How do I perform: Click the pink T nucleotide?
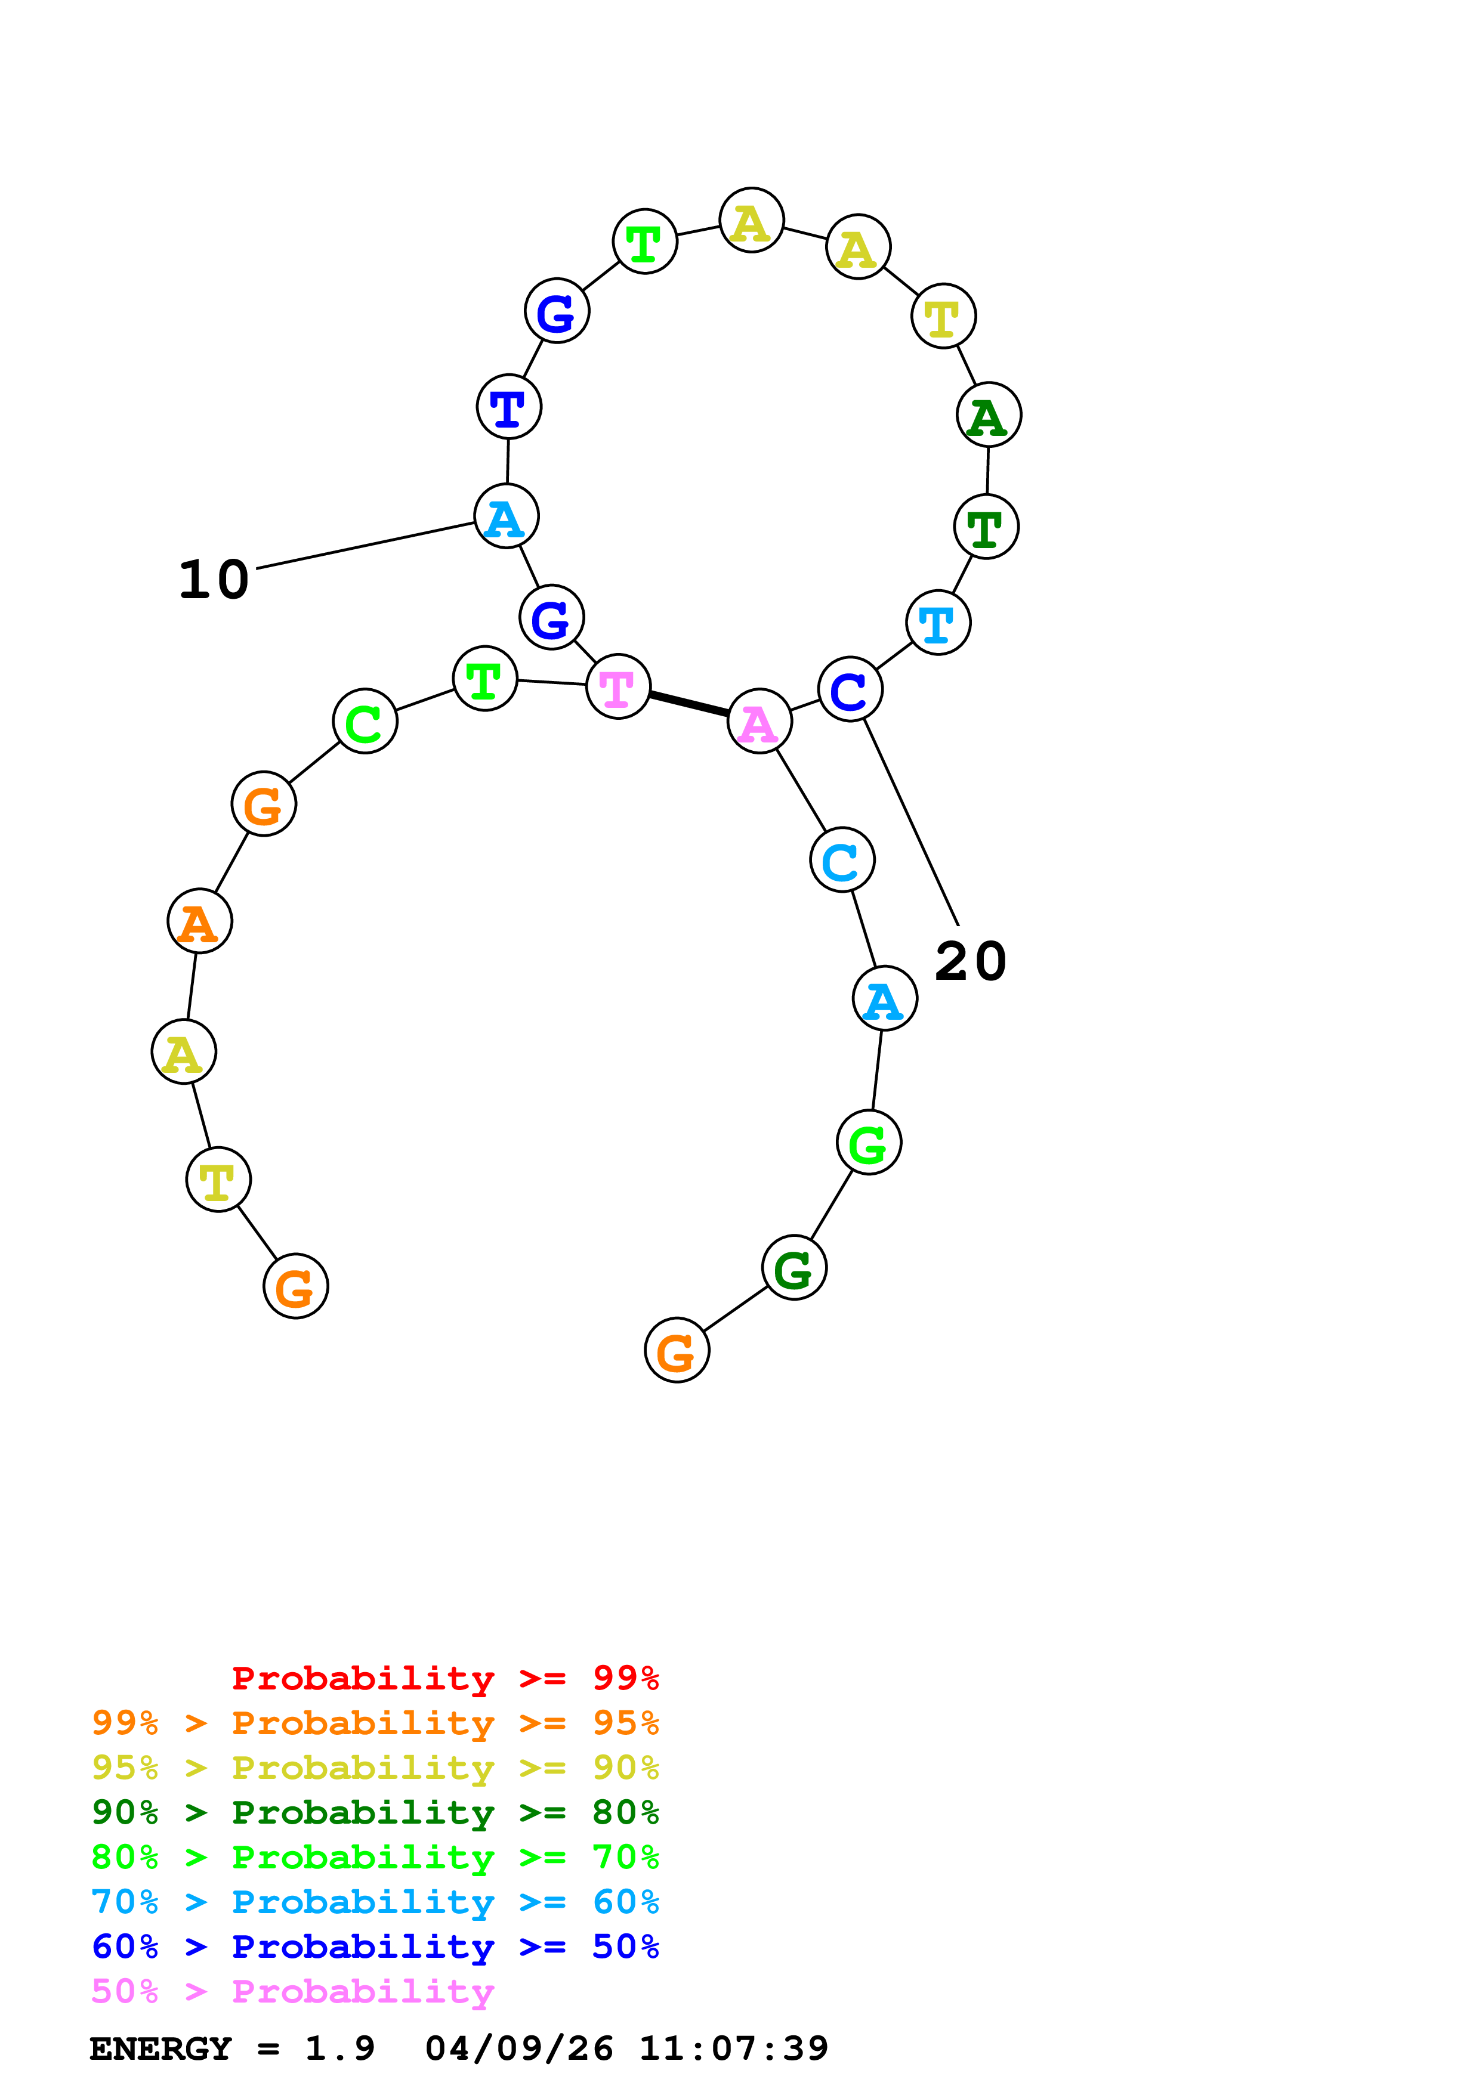618,686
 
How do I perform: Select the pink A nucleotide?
759,721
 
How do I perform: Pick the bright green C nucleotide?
365,721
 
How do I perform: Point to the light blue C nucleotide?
842,859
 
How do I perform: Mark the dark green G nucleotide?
793,1267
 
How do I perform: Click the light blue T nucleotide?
938,623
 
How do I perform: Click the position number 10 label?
213,580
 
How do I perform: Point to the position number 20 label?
971,961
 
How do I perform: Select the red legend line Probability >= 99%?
444,1678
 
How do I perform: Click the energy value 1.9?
339,2048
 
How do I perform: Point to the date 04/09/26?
518,2048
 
